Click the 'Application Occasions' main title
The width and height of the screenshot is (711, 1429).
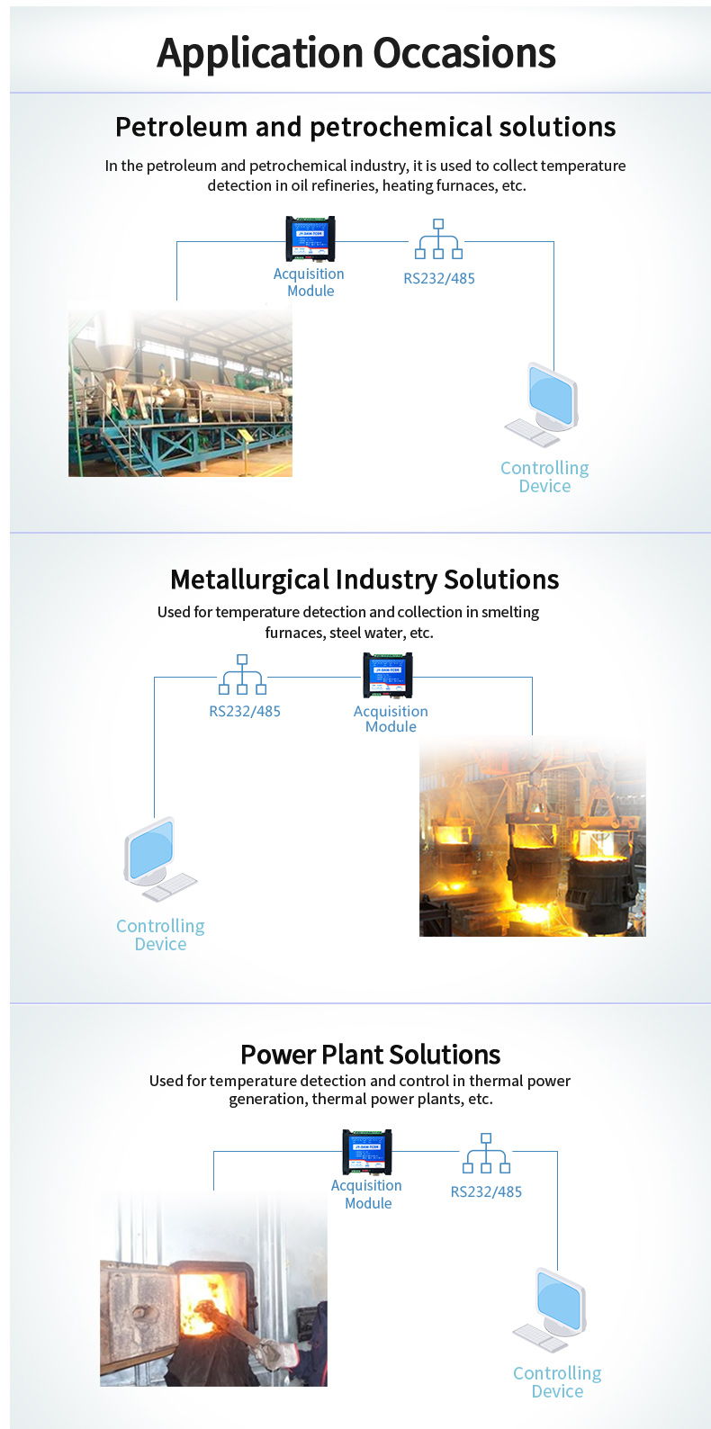tap(356, 53)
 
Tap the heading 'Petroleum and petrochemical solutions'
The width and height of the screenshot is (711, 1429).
tap(365, 127)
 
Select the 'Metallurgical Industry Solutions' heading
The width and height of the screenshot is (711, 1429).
tap(364, 580)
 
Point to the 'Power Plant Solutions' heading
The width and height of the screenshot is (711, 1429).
tap(370, 1054)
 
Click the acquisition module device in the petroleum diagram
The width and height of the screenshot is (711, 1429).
tap(310, 239)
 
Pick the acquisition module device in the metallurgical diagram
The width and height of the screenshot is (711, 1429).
tap(388, 675)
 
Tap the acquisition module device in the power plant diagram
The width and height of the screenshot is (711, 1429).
tap(367, 1152)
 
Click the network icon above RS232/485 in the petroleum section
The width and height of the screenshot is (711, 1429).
tap(438, 239)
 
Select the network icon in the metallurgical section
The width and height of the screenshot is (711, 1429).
tap(242, 675)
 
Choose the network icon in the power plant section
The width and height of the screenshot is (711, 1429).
tap(486, 1154)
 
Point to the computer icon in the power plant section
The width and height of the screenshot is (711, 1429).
tap(554, 1309)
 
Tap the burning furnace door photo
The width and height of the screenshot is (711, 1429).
tap(213, 1291)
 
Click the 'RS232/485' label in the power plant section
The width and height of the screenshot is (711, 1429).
tap(486, 1191)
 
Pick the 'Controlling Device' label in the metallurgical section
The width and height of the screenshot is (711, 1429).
tap(160, 935)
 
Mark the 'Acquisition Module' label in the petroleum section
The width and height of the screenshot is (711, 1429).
tap(309, 283)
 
